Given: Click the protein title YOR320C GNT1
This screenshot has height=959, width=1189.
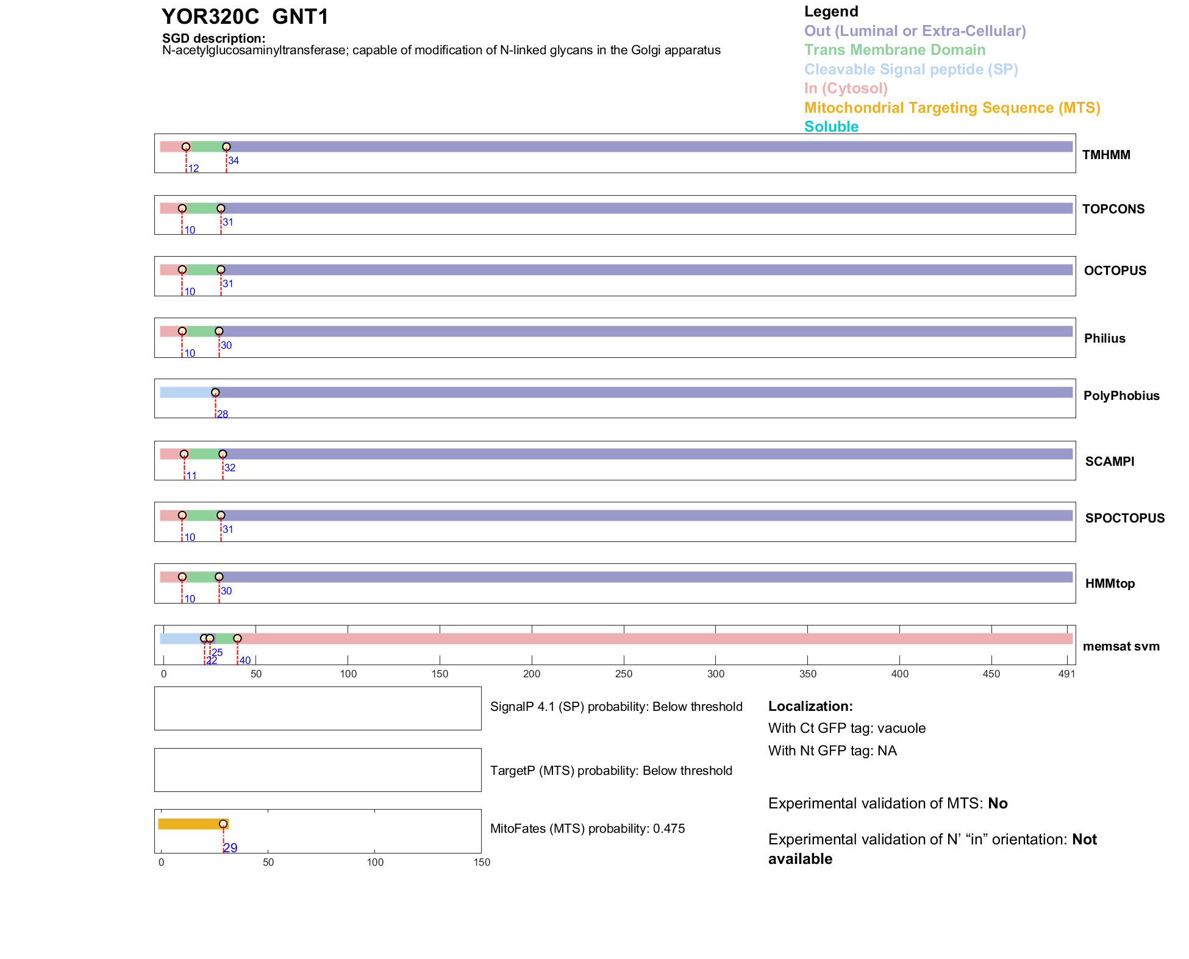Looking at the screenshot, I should coord(245,17).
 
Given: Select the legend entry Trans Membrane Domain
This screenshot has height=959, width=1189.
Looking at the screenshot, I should coord(894,50).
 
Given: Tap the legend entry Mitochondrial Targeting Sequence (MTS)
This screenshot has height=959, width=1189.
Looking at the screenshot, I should coord(952,108).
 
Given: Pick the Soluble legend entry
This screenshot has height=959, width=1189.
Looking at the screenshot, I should coord(831,127).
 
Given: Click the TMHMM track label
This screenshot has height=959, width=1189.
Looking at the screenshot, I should coord(1105,155).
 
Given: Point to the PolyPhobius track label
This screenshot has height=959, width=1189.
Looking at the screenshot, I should coord(1121,396).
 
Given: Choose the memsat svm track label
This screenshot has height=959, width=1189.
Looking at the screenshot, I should coord(1121,646).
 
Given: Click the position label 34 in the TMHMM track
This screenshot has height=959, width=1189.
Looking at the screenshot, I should coord(234,161).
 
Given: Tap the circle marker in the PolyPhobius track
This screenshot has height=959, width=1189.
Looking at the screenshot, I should coord(215,393).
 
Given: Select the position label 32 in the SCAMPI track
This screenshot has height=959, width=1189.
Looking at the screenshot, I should coord(230,468).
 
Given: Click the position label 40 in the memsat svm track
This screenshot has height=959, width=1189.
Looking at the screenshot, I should coord(245,661).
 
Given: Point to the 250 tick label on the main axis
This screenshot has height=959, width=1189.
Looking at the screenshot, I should coord(624,674).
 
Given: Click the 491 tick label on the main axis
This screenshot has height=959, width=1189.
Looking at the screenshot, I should coord(1066,674).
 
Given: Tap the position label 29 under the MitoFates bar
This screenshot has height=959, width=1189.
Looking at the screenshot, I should coord(230,848).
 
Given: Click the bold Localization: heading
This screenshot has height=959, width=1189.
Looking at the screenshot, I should coord(810,707).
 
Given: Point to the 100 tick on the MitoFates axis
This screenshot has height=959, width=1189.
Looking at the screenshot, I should coord(375,863).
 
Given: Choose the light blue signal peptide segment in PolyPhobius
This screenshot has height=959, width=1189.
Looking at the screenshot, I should coord(185,393).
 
